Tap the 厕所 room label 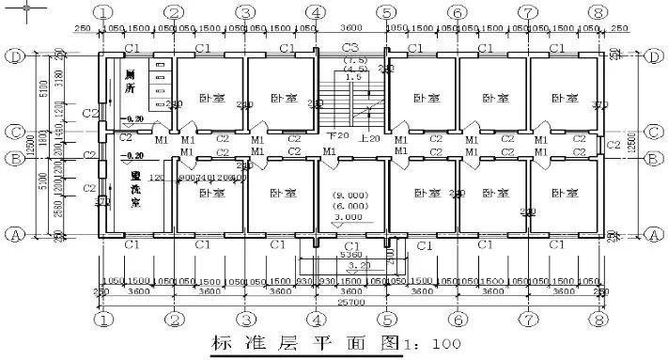pos(130,82)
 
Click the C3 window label pos(350,46)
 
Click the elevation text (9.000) pos(350,196)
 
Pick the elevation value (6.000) pos(350,206)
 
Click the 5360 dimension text pos(350,254)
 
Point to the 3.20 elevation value pos(350,266)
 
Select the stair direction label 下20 pos(335,138)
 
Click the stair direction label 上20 pos(369,138)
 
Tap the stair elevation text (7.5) pos(356,59)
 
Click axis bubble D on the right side pos(653,57)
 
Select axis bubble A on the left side pos(15,234)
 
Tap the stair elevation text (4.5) pos(356,69)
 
